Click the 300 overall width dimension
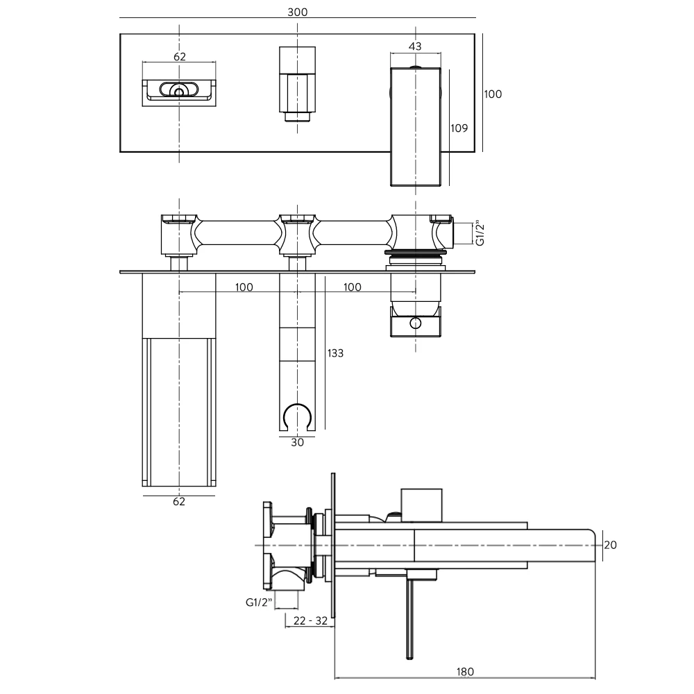pos(297,12)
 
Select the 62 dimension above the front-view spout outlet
pos(180,57)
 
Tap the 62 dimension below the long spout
pos(179,502)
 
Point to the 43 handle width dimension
pos(415,46)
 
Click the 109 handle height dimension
pos(459,128)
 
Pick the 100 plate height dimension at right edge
pos(493,94)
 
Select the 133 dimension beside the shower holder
pos(335,353)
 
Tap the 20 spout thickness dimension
pos(610,545)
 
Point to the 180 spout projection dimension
pos(465,671)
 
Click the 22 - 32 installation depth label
pos(310,620)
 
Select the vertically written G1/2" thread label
pos(479,233)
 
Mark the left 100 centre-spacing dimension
pos(243,287)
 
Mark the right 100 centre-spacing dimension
pos(353,287)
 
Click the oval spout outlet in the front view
pos(180,90)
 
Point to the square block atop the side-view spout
pos(421,505)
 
